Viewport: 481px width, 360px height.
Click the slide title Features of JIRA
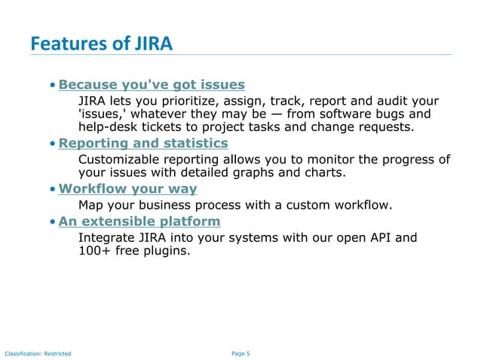tap(101, 44)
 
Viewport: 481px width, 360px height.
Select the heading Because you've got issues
tap(152, 84)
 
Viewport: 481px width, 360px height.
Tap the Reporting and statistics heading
tap(143, 143)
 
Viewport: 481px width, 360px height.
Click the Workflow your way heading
tap(127, 188)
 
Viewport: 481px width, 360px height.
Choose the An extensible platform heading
tap(139, 221)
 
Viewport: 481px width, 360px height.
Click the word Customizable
tap(121, 159)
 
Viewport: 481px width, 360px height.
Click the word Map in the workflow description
tap(91, 205)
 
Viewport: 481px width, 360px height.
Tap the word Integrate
tap(107, 238)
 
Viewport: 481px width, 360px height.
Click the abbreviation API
tap(381, 238)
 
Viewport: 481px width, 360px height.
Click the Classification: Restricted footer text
tap(38, 353)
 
